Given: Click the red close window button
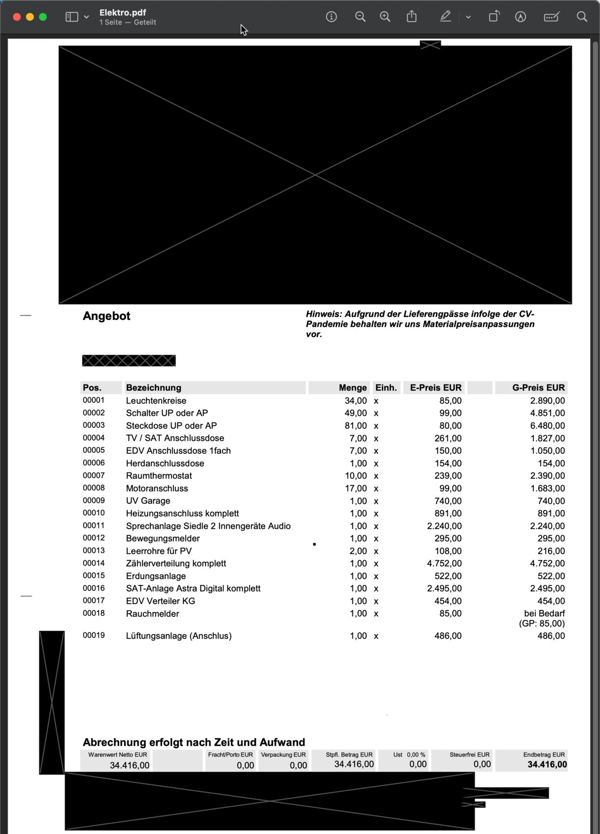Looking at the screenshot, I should tap(17, 17).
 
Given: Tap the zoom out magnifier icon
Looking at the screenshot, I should tap(360, 17).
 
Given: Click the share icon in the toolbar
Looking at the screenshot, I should tap(411, 17).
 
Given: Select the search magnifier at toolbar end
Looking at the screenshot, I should tap(582, 17).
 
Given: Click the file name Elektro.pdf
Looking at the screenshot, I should tap(123, 13).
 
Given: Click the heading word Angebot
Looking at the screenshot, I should tap(107, 316).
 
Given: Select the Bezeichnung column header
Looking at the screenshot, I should tap(154, 388).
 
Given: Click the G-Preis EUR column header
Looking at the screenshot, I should tap(538, 388).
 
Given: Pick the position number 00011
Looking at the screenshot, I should tap(94, 525).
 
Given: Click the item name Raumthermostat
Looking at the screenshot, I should tap(159, 476).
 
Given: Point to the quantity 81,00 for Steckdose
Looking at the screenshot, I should tap(355, 426).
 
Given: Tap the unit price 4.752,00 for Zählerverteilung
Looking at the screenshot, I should tap(444, 564).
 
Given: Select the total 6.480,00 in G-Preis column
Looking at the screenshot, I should tap(547, 426).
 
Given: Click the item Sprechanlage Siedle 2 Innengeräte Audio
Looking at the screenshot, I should tap(208, 526).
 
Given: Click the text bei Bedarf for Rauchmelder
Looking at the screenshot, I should tap(544, 614).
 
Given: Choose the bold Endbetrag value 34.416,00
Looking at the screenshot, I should tap(547, 765).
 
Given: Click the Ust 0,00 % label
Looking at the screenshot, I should tap(409, 755).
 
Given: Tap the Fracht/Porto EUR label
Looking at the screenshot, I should tap(230, 755).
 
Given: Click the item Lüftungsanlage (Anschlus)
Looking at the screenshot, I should tap(179, 636).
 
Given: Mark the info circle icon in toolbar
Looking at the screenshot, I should tap(331, 17).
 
